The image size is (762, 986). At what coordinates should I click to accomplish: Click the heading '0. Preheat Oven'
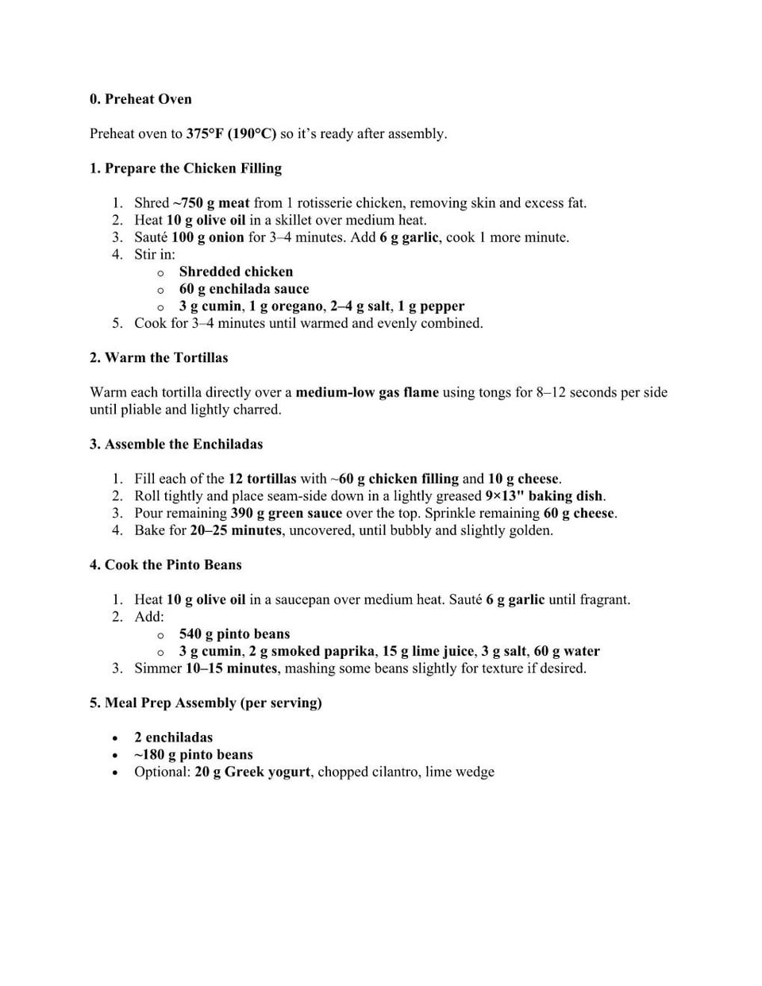140,99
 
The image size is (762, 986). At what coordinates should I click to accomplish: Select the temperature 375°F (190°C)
231,133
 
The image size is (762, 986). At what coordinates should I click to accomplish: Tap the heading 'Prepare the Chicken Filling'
193,168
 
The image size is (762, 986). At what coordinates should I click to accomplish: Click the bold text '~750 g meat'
211,203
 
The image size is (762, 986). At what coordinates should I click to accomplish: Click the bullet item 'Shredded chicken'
236,272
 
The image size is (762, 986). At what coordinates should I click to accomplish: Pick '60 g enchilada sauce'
244,289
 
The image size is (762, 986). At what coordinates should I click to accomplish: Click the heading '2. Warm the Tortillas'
159,358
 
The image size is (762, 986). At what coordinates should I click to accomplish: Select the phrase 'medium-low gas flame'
367,392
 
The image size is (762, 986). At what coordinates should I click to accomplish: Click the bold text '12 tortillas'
262,479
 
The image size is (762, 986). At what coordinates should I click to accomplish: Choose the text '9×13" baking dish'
544,496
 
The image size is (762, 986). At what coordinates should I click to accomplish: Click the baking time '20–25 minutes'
236,530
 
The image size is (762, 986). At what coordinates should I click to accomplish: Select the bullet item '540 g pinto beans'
234,634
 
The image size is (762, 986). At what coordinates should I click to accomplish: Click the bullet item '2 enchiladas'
173,738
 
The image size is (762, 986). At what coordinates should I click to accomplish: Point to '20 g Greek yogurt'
252,772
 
